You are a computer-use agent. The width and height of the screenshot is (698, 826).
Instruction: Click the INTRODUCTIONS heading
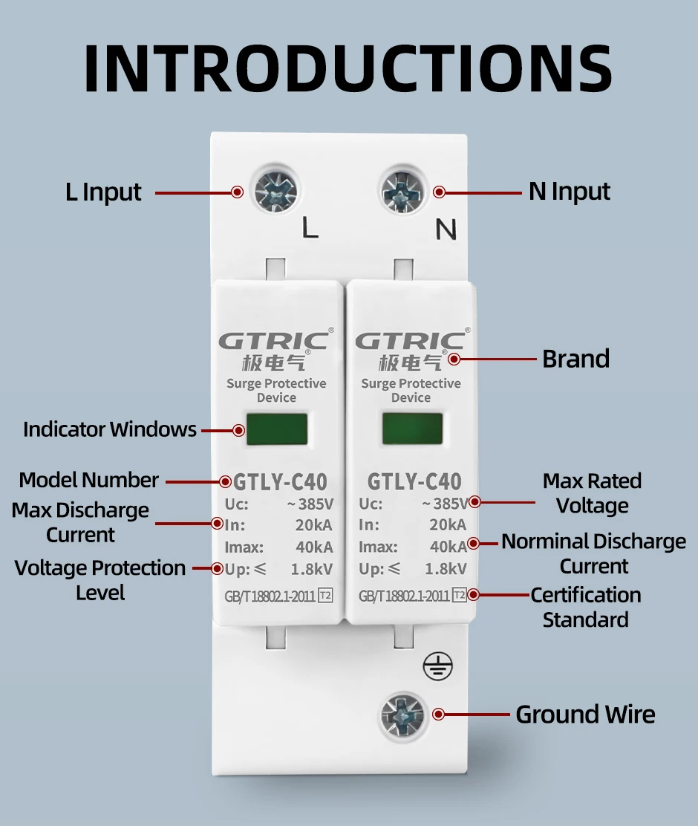coord(348,68)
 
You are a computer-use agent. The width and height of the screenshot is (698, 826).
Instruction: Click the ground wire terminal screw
coord(405,715)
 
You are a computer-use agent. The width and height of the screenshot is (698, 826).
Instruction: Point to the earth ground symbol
coord(435,666)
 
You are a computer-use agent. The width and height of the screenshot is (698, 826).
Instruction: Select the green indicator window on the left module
coord(276,429)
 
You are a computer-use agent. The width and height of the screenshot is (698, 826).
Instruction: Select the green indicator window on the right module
coord(411,429)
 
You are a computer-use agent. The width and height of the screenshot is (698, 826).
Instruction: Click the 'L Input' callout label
coord(103,192)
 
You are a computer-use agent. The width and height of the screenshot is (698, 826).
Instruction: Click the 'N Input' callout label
coord(570,192)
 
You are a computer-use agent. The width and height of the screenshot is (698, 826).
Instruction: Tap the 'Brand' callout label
coord(575,359)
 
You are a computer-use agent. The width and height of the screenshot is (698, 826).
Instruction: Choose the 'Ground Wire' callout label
coord(585,715)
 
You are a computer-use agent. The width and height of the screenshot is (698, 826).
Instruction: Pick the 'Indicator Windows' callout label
coord(110,429)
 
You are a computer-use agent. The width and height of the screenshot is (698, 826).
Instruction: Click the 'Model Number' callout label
coord(88,480)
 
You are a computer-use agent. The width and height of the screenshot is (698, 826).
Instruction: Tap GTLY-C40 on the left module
coord(280,481)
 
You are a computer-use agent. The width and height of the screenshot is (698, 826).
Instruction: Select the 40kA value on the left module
coord(315,547)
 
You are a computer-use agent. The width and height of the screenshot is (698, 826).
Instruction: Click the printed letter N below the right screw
coord(446,231)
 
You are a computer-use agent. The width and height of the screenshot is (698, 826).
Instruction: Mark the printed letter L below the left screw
coord(310,230)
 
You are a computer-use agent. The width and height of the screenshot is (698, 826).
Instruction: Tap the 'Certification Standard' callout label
coord(585,607)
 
